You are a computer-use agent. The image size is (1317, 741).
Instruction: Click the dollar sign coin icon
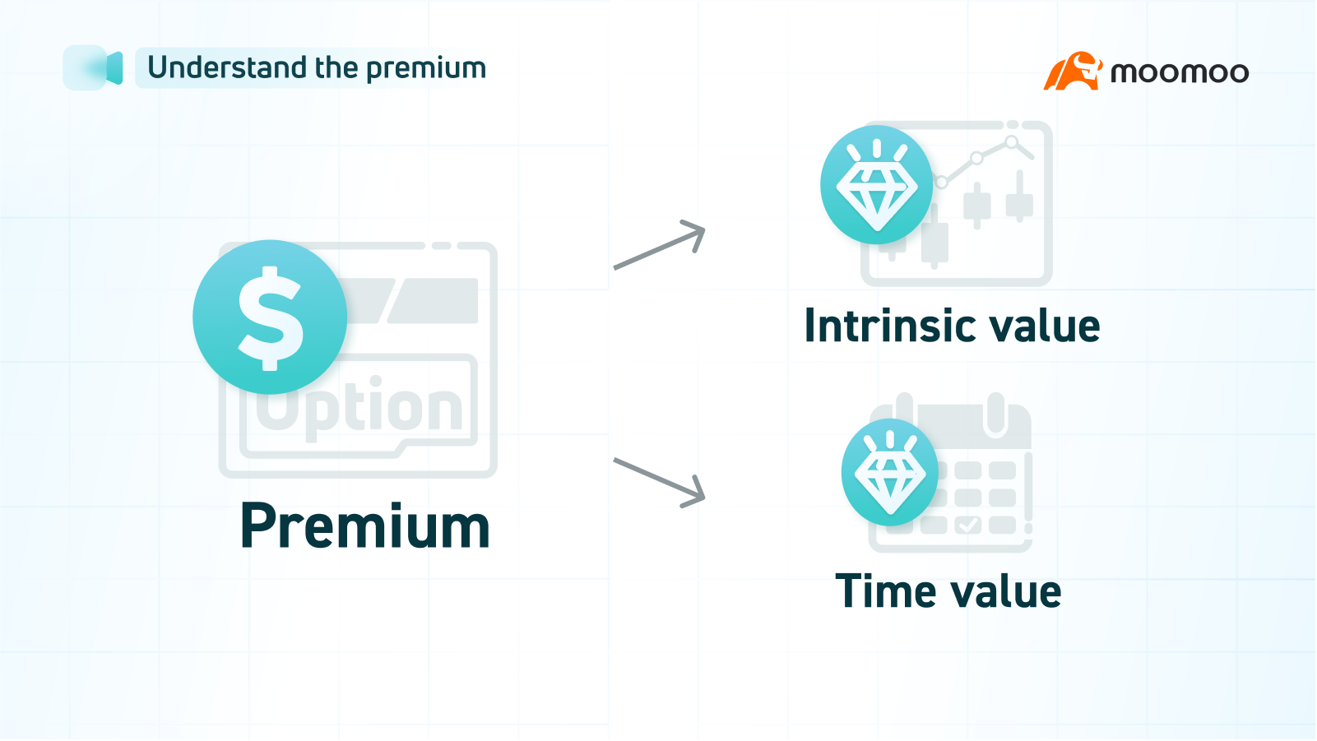(x=270, y=317)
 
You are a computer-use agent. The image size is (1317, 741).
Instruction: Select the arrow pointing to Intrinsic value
(x=659, y=244)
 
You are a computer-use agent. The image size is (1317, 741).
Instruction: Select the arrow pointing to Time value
(x=659, y=483)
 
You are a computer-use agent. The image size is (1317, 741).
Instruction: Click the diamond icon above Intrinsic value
(x=877, y=184)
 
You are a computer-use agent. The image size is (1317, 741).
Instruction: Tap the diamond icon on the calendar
(x=889, y=472)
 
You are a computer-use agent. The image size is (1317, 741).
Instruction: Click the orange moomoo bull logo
(x=1072, y=71)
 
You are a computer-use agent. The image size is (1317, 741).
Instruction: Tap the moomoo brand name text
(x=1180, y=72)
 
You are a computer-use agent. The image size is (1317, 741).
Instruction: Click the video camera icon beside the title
(x=93, y=67)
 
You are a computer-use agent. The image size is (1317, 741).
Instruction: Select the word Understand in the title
(x=227, y=67)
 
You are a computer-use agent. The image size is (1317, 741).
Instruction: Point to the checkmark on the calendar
(x=968, y=524)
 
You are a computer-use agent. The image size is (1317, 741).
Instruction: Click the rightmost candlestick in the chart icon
(x=1019, y=197)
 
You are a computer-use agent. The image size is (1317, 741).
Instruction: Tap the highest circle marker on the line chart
(x=1011, y=141)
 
